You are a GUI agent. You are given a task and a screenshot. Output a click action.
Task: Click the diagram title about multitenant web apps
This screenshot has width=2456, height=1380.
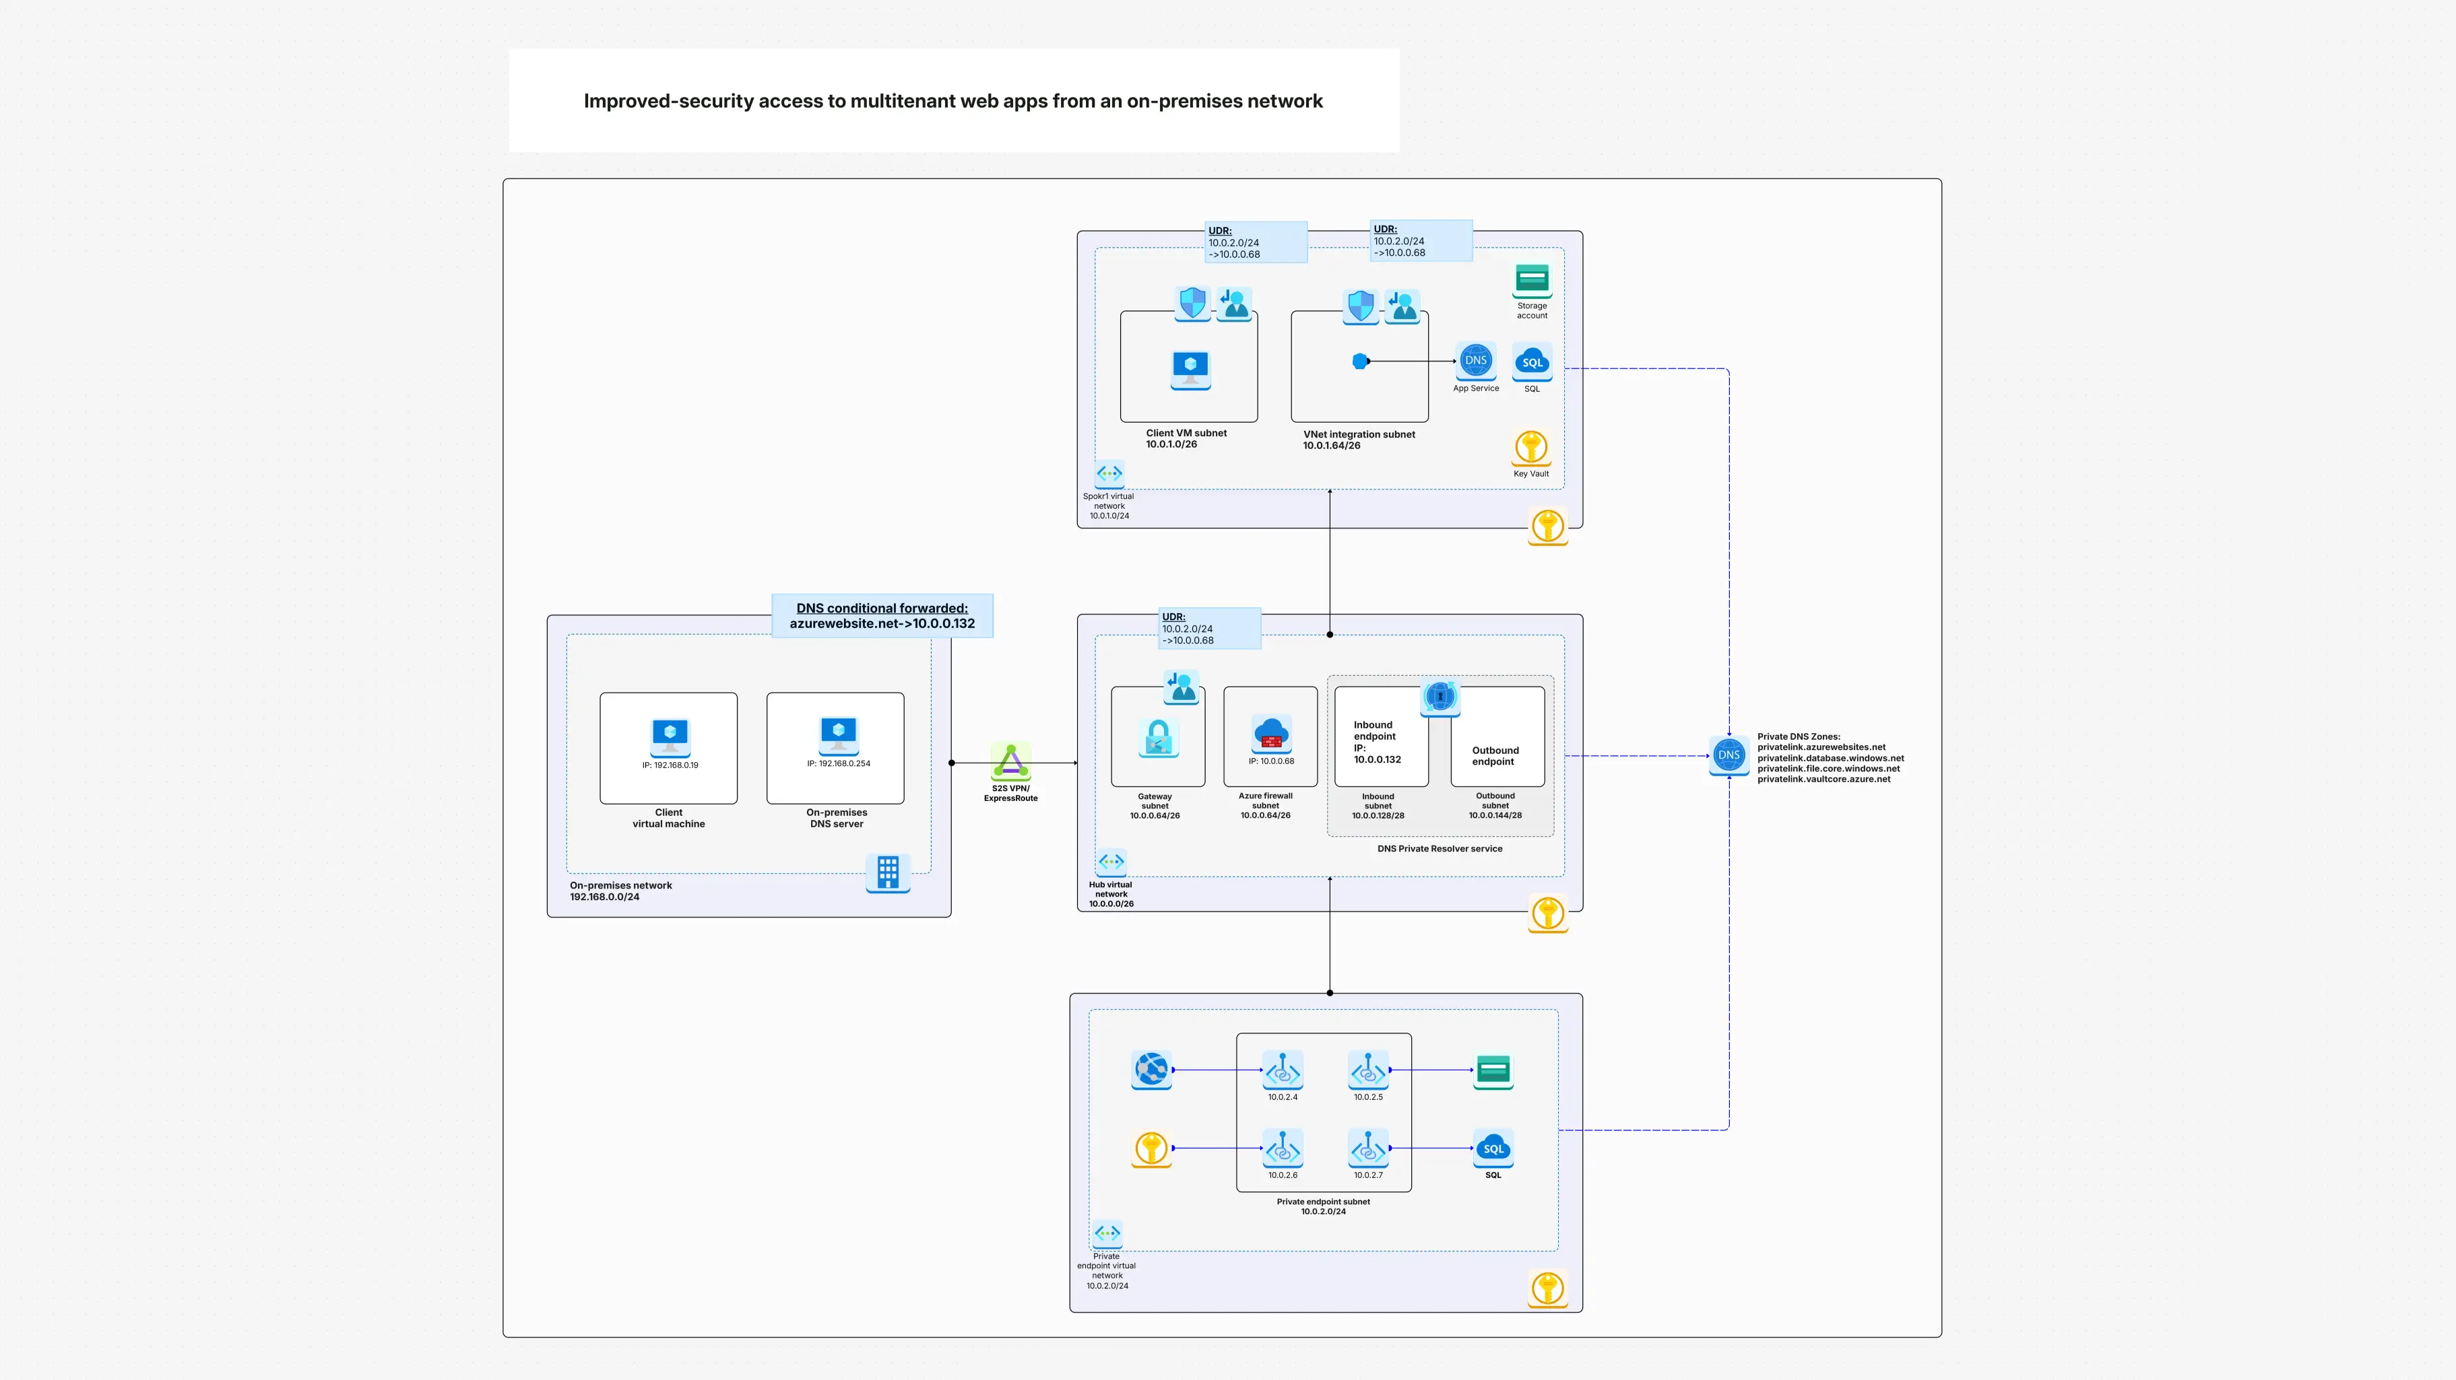pyautogui.click(x=952, y=101)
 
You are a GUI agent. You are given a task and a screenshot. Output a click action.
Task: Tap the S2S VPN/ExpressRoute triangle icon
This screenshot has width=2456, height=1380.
pyautogui.click(x=1010, y=763)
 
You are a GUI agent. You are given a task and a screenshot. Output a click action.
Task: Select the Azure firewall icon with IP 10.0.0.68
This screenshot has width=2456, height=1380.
pyautogui.click(x=1271, y=734)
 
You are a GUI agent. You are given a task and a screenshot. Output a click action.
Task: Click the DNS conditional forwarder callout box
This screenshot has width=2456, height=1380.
pyautogui.click(x=882, y=616)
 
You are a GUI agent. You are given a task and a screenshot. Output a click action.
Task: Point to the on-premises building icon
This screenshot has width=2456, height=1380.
pyautogui.click(x=888, y=872)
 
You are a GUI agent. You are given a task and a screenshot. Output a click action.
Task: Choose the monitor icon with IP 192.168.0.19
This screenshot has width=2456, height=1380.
pyautogui.click(x=670, y=735)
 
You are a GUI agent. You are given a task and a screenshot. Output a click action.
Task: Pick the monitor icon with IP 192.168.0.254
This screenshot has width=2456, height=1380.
pyautogui.click(x=838, y=733)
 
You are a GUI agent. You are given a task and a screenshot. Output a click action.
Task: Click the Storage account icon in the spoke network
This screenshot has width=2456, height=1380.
pyautogui.click(x=1531, y=279)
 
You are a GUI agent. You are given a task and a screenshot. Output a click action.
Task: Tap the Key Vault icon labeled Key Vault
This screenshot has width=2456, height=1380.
pyautogui.click(x=1530, y=447)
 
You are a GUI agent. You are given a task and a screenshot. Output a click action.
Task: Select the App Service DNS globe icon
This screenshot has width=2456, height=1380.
pyautogui.click(x=1475, y=361)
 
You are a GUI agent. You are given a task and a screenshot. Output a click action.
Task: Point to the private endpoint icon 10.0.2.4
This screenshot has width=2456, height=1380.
pyautogui.click(x=1283, y=1070)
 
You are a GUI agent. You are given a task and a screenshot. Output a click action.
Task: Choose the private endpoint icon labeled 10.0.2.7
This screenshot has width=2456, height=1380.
pyautogui.click(x=1368, y=1148)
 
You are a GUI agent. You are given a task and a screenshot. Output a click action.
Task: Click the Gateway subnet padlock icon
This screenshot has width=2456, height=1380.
pyautogui.click(x=1159, y=738)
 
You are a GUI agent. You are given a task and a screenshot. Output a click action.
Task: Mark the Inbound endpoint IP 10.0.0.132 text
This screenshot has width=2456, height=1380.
pyautogui.click(x=1377, y=743)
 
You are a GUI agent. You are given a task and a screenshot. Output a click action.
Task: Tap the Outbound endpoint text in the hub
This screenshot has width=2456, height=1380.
pyautogui.click(x=1494, y=756)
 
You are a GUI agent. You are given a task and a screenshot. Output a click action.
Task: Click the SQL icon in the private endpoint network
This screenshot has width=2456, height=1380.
pyautogui.click(x=1492, y=1148)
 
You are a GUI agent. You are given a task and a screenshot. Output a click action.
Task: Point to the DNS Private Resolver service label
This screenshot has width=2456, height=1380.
pyautogui.click(x=1439, y=848)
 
